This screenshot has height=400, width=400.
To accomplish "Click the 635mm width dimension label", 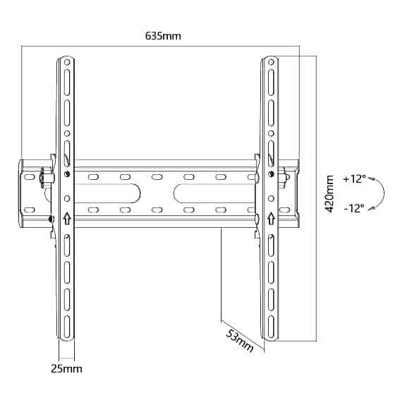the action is point(163,36).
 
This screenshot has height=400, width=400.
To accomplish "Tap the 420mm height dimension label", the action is point(329,194).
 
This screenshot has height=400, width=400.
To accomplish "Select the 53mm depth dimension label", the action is point(240,341).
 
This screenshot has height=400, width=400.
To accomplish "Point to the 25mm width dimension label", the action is point(66,369).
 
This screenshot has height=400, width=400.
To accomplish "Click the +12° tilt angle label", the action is point(355,178).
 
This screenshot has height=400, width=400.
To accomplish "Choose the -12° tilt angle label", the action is point(354,208).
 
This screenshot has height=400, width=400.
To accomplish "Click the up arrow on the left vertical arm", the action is point(67,218).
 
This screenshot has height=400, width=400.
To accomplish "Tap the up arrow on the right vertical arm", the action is point(271,218).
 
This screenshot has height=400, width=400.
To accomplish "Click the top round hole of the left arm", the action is point(67,62).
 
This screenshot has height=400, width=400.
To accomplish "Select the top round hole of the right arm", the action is point(271,62).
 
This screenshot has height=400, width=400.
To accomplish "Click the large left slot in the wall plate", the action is point(107,193).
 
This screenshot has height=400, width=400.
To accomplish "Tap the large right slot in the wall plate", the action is point(214,193).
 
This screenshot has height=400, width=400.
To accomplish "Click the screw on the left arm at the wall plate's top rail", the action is point(67,174).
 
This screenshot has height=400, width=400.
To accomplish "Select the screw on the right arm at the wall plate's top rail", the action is point(271,174).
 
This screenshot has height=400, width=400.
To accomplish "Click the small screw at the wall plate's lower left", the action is point(51,219).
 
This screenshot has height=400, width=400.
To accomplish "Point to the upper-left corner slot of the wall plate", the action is point(30,177).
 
